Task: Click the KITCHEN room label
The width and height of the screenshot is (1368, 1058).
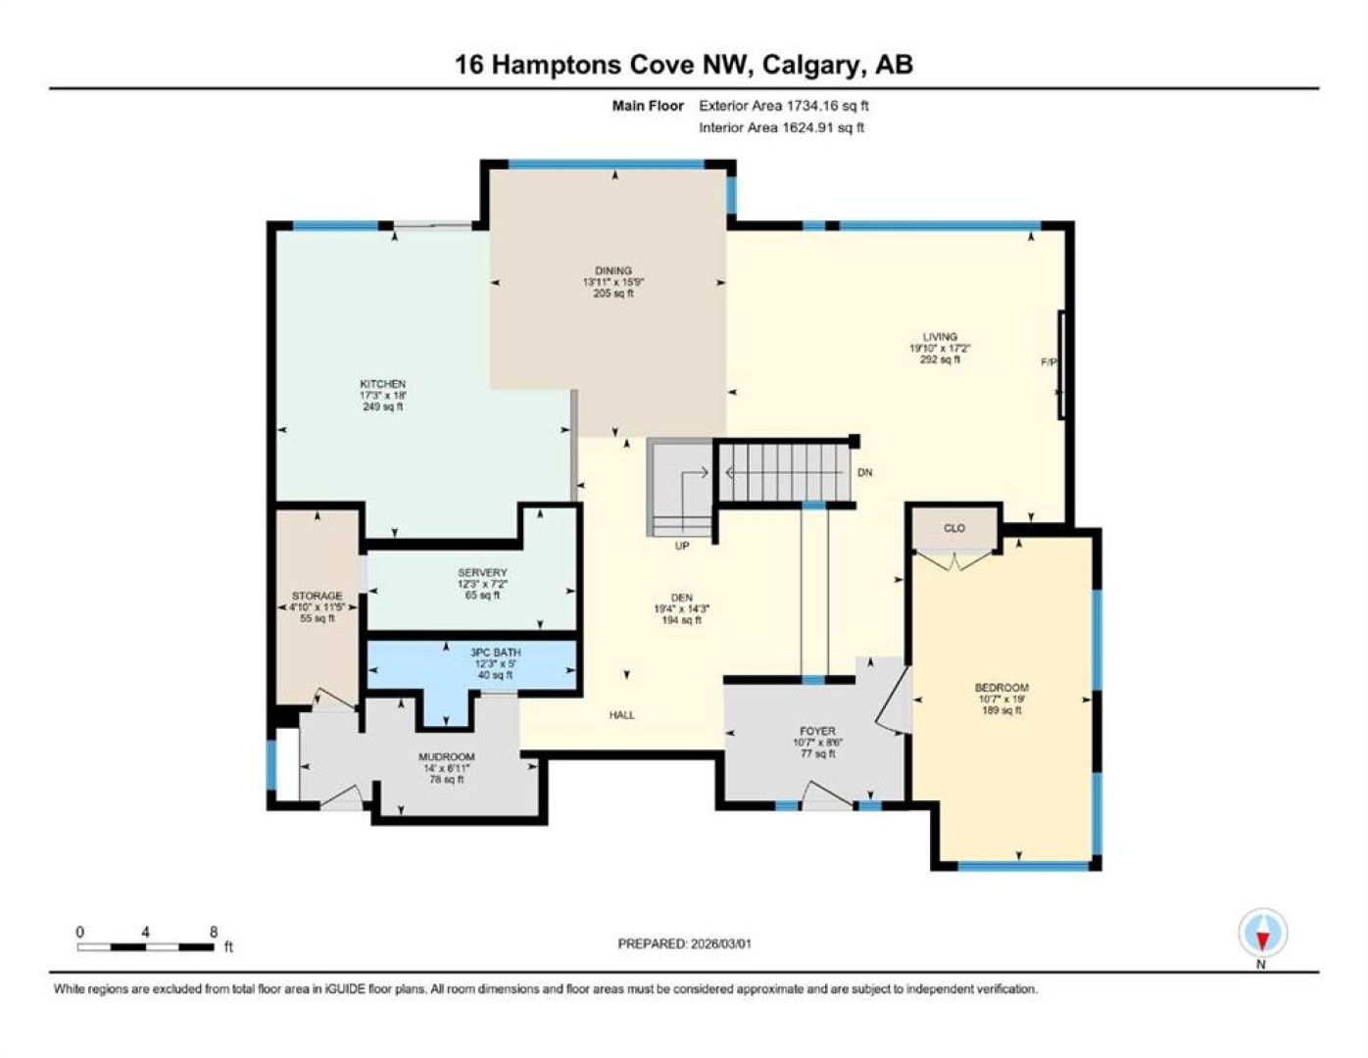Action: [382, 384]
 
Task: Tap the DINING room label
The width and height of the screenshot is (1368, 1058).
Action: [613, 270]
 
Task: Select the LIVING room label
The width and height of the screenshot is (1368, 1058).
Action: [940, 337]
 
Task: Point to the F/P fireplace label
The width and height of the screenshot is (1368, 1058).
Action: [1049, 361]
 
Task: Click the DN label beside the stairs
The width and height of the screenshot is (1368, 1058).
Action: [865, 472]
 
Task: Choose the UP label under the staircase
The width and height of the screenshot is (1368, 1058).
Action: [682, 546]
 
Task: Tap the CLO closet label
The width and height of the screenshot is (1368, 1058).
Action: [954, 528]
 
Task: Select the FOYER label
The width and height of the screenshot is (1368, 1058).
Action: [817, 731]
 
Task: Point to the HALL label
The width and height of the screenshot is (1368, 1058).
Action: [622, 715]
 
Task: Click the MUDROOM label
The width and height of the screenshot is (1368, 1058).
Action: [447, 756]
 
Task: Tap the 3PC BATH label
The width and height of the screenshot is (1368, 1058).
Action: [496, 652]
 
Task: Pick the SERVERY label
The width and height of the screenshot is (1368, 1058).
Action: [482, 572]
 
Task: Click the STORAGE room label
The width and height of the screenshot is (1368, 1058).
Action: [318, 596]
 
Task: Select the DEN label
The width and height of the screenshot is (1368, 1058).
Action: [682, 598]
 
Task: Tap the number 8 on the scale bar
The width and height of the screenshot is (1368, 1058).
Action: [214, 933]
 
